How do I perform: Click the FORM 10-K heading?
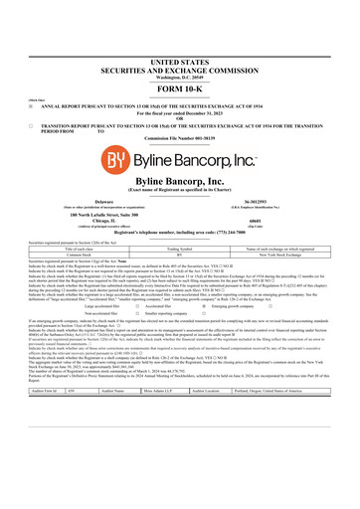click(179, 61)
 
